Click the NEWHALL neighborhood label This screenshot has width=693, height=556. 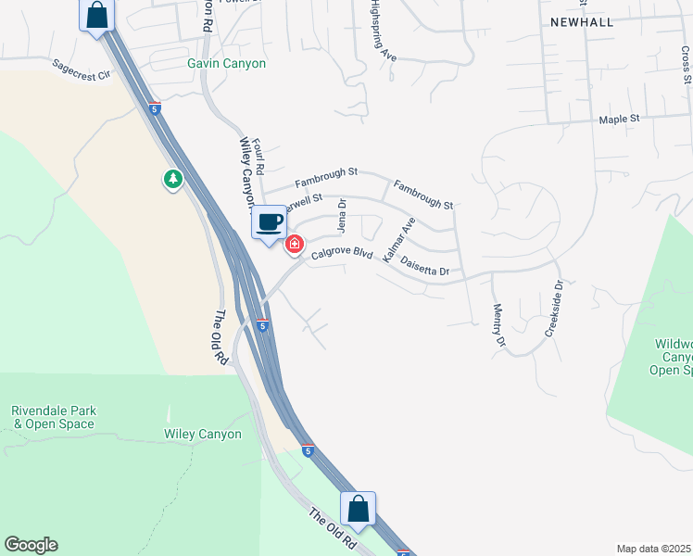click(x=581, y=21)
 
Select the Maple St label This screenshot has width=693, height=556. click(x=620, y=120)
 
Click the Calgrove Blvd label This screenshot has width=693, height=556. click(x=342, y=253)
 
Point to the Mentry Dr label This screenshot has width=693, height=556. click(x=499, y=325)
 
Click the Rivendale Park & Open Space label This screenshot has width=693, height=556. click(x=54, y=417)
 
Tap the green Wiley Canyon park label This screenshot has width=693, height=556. click(x=203, y=434)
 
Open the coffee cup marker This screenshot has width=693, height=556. click(x=270, y=222)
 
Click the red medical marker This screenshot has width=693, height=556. click(x=295, y=245)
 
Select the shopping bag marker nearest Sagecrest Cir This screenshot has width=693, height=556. click(x=96, y=15)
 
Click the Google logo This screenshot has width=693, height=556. click(x=31, y=545)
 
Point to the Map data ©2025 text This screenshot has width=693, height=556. click(x=653, y=549)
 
